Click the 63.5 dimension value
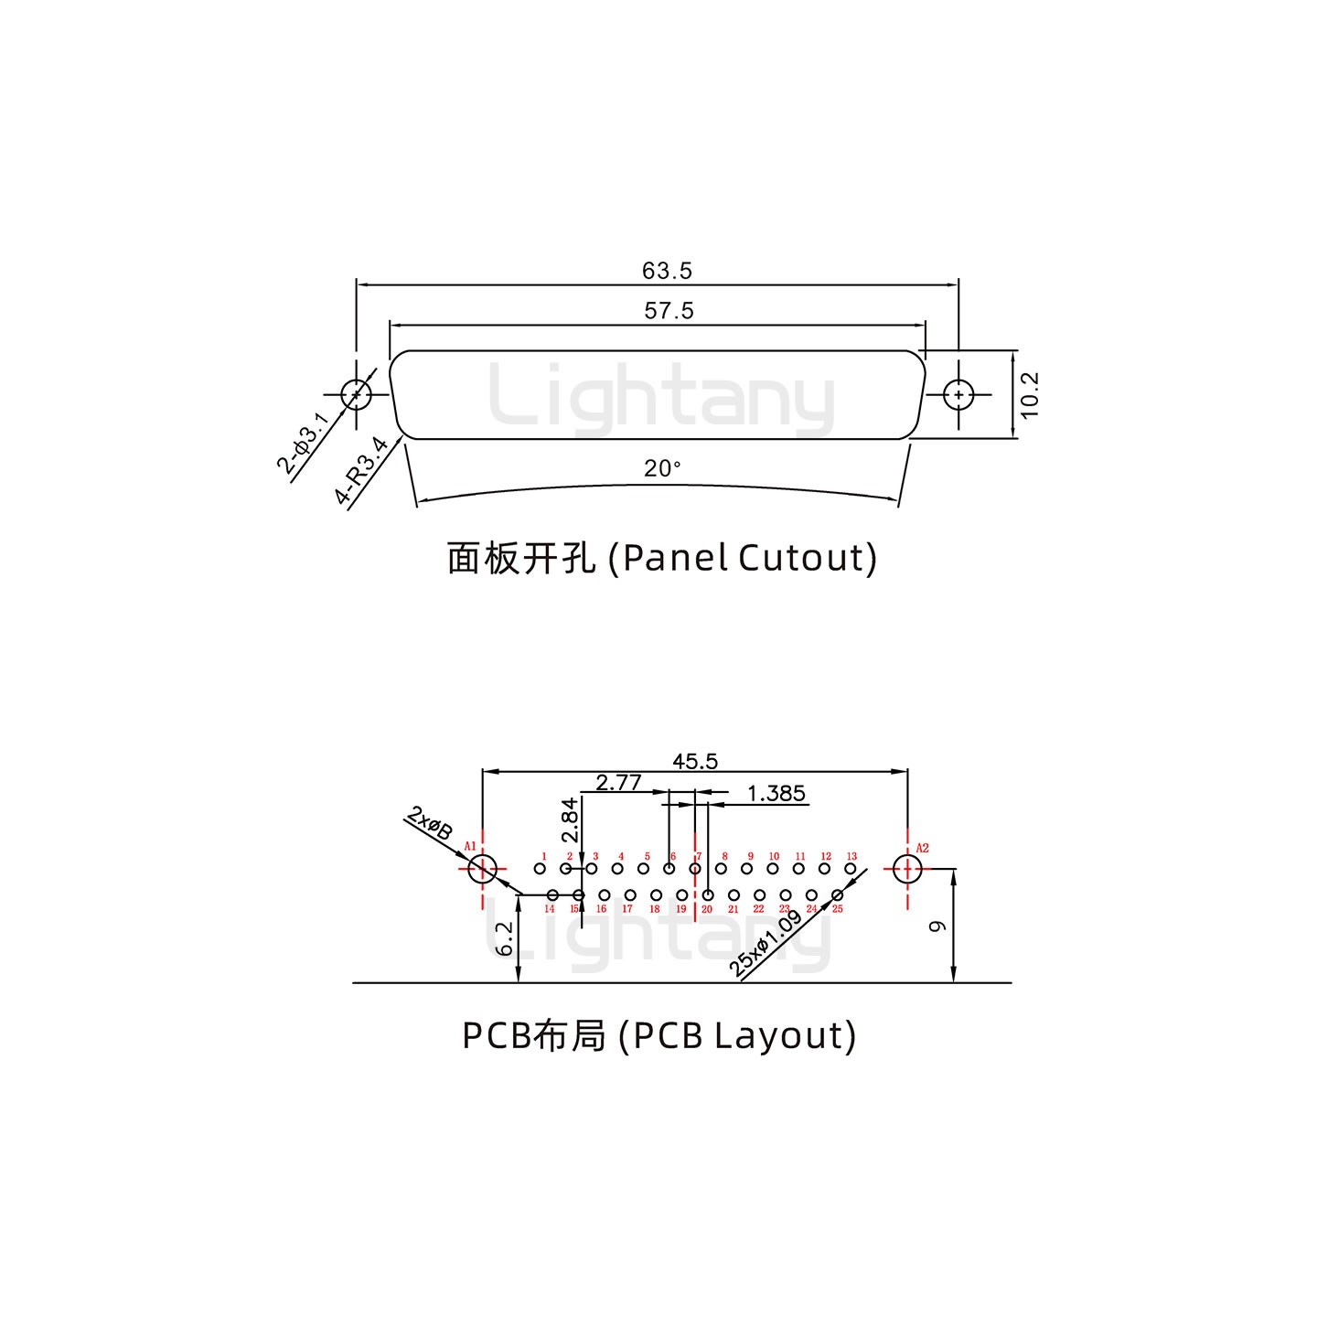[667, 272]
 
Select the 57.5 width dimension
[669, 311]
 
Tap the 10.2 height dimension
[1031, 395]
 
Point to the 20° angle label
[662, 469]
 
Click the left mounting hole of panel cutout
[356, 395]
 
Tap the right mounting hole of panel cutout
[958, 395]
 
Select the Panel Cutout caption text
[662, 558]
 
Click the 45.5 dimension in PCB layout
[695, 761]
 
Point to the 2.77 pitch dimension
[618, 783]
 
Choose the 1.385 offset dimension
[776, 793]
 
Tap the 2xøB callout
[430, 824]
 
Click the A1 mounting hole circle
[482, 869]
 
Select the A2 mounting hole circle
[907, 869]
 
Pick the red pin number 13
[851, 857]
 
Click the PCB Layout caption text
[658, 1035]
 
